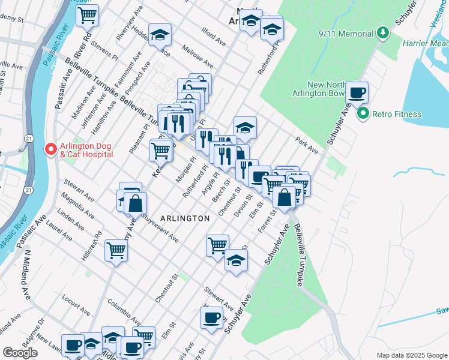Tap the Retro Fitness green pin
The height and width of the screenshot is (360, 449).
point(363,113)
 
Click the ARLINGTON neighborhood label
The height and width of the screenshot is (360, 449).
point(185,218)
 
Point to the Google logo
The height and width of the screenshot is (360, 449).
point(20,353)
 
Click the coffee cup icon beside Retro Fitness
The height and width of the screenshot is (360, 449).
point(357,92)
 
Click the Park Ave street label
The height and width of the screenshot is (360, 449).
point(306,145)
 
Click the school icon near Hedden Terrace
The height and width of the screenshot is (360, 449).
point(160,35)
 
